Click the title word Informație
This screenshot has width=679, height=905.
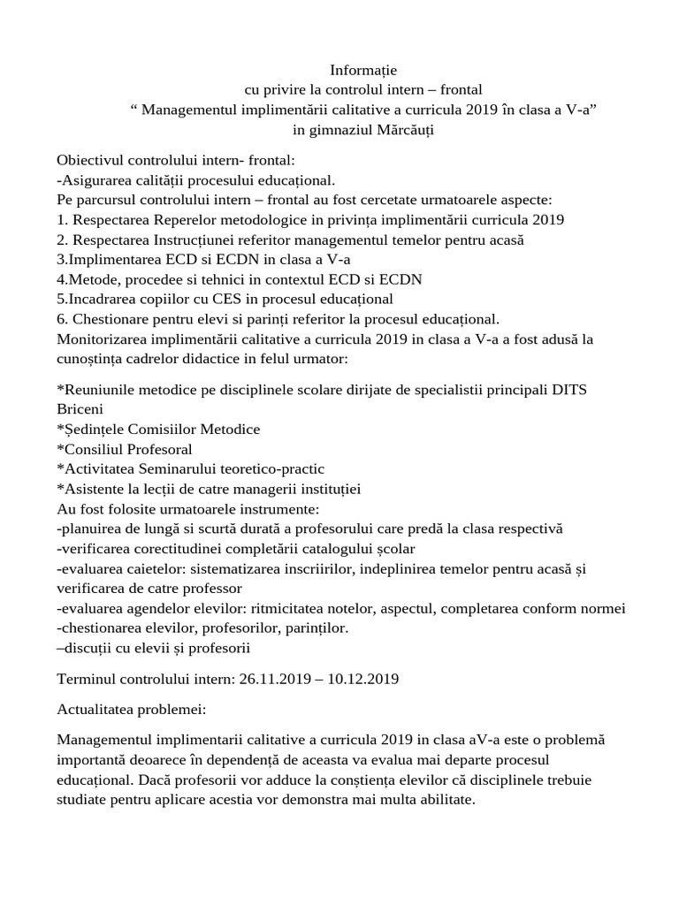363,69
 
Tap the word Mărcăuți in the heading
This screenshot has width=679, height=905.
402,130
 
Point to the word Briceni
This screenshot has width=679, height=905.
80,409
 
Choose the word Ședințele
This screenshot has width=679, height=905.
93,430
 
